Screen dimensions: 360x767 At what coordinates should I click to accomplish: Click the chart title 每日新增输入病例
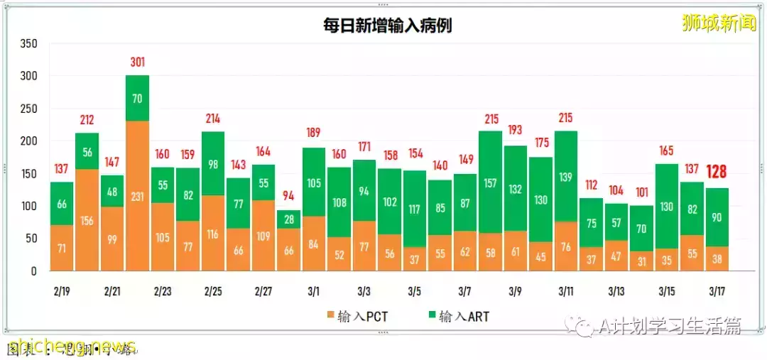click(x=384, y=26)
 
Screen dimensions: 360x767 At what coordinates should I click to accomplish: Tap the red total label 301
click(x=138, y=62)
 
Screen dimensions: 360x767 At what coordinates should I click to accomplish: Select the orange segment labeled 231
click(x=138, y=196)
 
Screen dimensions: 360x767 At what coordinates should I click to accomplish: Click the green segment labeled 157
click(x=491, y=182)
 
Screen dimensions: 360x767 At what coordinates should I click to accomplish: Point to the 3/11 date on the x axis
click(x=566, y=291)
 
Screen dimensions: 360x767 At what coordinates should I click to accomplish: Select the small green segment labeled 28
click(x=289, y=219)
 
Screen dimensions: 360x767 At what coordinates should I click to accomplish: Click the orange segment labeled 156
click(x=87, y=220)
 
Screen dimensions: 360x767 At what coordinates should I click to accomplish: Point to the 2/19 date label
click(x=62, y=291)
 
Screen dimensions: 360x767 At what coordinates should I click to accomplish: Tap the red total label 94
click(x=289, y=197)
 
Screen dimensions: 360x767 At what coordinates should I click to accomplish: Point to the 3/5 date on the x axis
click(x=415, y=291)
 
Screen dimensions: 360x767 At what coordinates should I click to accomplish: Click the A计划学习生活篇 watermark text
click(x=668, y=326)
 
